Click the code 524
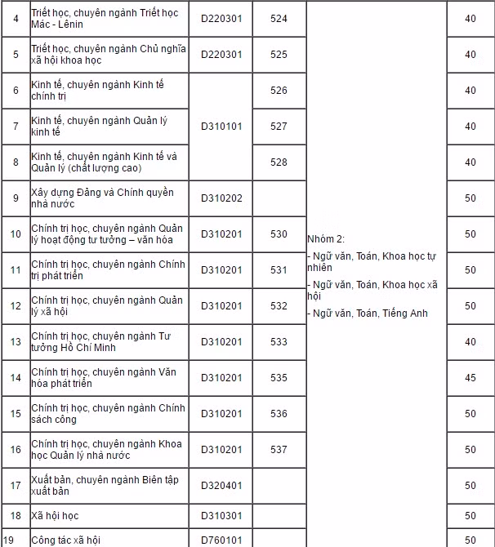pyautogui.click(x=279, y=19)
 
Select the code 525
pyautogui.click(x=279, y=55)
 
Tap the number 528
pyautogui.click(x=279, y=162)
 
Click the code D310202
pyautogui.click(x=221, y=198)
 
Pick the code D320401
pyautogui.click(x=221, y=486)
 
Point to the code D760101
pyautogui.click(x=221, y=540)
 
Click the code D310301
pyautogui.click(x=221, y=516)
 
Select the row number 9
pyautogui.click(x=16, y=198)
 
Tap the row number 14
pyautogui.click(x=16, y=378)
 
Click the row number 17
pyautogui.click(x=16, y=486)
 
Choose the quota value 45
pyautogui.click(x=470, y=378)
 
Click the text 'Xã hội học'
pyautogui.click(x=55, y=516)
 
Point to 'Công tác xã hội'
pyautogui.click(x=65, y=540)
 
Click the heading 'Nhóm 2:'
pyautogui.click(x=326, y=238)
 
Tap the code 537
pyautogui.click(x=279, y=450)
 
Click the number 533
pyautogui.click(x=279, y=342)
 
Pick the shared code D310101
pyautogui.click(x=221, y=127)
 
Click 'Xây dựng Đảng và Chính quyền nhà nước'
pyautogui.click(x=102, y=198)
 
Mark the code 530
pyautogui.click(x=279, y=234)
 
